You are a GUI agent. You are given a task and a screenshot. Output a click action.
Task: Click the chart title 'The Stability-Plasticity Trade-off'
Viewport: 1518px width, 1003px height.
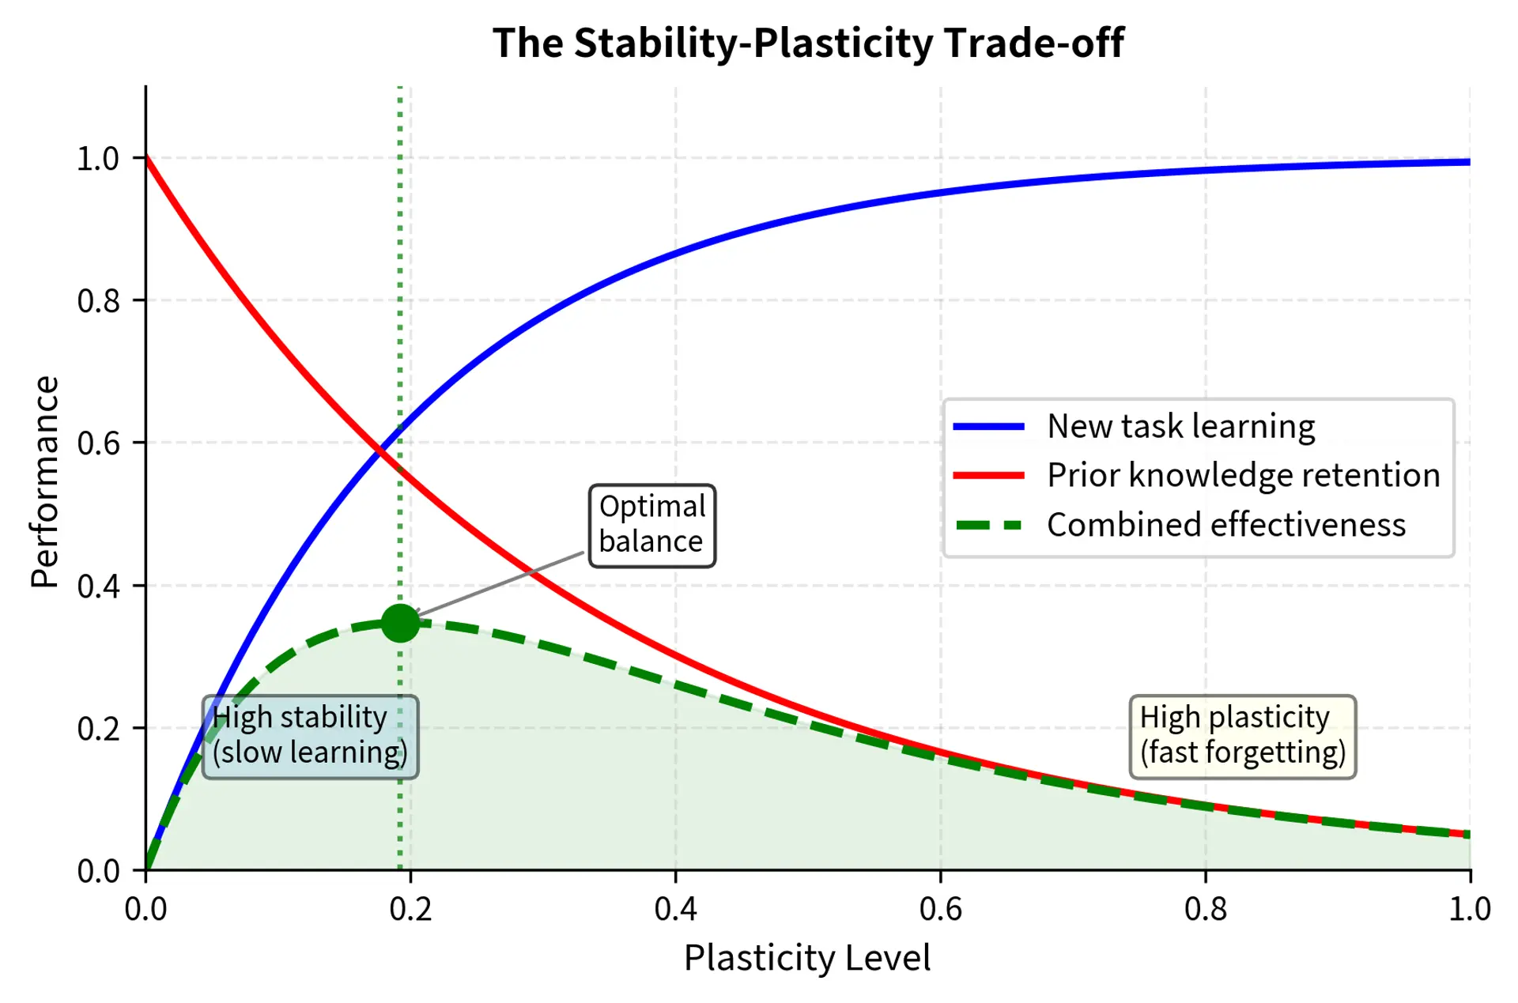coord(807,43)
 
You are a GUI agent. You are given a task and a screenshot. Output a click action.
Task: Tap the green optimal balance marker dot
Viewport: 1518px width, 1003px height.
coord(400,624)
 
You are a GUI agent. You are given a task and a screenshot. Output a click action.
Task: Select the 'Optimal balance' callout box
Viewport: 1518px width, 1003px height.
coord(651,525)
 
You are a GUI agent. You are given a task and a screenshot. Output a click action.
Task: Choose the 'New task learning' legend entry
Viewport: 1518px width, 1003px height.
coord(1180,427)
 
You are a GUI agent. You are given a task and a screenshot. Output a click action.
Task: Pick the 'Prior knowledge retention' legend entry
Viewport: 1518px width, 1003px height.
coord(1243,476)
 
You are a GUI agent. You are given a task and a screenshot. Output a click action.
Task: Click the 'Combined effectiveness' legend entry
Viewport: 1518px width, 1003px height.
coord(1225,526)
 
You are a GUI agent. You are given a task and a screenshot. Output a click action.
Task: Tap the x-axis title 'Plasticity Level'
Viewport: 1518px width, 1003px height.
coord(807,958)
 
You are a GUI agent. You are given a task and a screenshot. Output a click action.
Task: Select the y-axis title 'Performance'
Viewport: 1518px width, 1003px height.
coord(45,481)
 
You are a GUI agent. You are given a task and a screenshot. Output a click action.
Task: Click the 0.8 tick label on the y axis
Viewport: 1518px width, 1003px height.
coord(98,301)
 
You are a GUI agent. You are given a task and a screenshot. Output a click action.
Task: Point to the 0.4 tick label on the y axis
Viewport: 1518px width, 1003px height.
coord(98,586)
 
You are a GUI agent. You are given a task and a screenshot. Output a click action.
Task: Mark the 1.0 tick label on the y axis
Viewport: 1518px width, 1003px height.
coord(98,159)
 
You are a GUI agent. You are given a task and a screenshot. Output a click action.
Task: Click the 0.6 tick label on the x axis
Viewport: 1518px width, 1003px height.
coord(940,910)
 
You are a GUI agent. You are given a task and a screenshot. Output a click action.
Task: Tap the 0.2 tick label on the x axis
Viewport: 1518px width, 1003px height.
coord(410,910)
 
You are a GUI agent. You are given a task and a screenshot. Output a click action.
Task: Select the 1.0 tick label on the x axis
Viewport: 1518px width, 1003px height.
coord(1469,910)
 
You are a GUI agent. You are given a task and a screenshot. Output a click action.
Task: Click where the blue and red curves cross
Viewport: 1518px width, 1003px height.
coord(379,451)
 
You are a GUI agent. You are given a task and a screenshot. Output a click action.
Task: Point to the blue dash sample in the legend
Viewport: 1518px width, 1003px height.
coord(988,427)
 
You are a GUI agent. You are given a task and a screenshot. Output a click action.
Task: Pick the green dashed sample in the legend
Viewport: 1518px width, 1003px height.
coord(988,526)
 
